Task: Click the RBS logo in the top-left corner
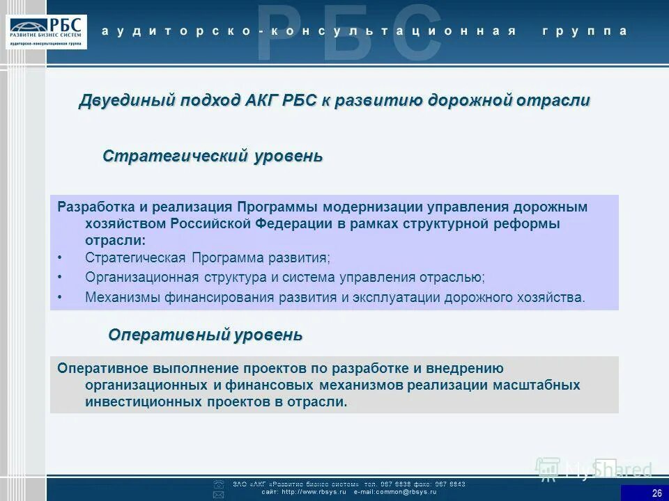pyautogui.click(x=47, y=31)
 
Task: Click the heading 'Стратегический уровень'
pyautogui.click(x=213, y=155)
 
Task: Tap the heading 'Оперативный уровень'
pyautogui.click(x=205, y=335)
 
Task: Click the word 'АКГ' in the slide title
pyautogui.click(x=261, y=100)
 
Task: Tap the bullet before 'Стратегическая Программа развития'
pyautogui.click(x=60, y=257)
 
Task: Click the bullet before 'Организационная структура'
pyautogui.click(x=60, y=277)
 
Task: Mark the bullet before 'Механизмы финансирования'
pyautogui.click(x=60, y=297)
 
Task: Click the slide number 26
pyautogui.click(x=656, y=493)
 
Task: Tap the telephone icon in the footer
pyautogui.click(x=218, y=484)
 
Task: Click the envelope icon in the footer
pyautogui.click(x=218, y=494)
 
